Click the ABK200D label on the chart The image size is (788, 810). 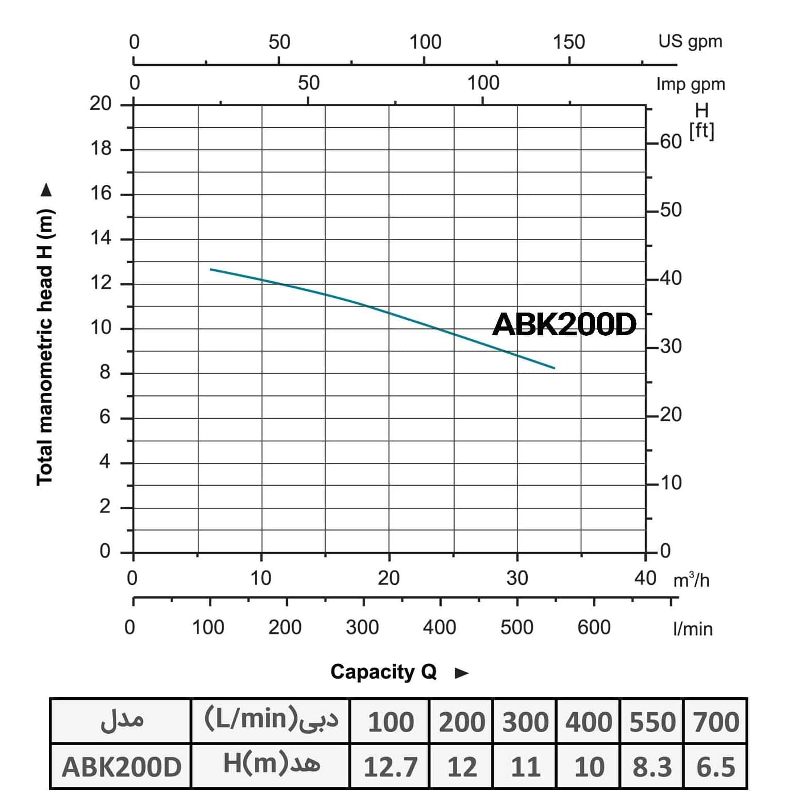coord(564,324)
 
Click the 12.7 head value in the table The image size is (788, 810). coord(390,767)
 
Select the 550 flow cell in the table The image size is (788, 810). coord(652,721)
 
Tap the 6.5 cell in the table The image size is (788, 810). coord(715,767)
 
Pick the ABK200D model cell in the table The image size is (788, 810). coord(122,767)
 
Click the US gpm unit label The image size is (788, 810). coord(690,41)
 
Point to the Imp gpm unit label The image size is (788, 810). coord(690,84)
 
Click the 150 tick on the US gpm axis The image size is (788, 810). coord(569,42)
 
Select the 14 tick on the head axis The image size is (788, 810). coord(101,238)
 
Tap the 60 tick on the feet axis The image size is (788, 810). coord(670,141)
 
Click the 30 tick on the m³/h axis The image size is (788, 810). coord(517,578)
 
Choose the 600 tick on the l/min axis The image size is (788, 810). coord(594,627)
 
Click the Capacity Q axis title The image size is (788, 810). coord(383,672)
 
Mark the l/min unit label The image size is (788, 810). coord(693,629)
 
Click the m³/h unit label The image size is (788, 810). coord(691,580)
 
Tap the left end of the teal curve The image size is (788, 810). coord(211,269)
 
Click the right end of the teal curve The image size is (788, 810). coord(555,368)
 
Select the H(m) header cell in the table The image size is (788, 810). coord(271,765)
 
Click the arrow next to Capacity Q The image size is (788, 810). coord(462,673)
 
